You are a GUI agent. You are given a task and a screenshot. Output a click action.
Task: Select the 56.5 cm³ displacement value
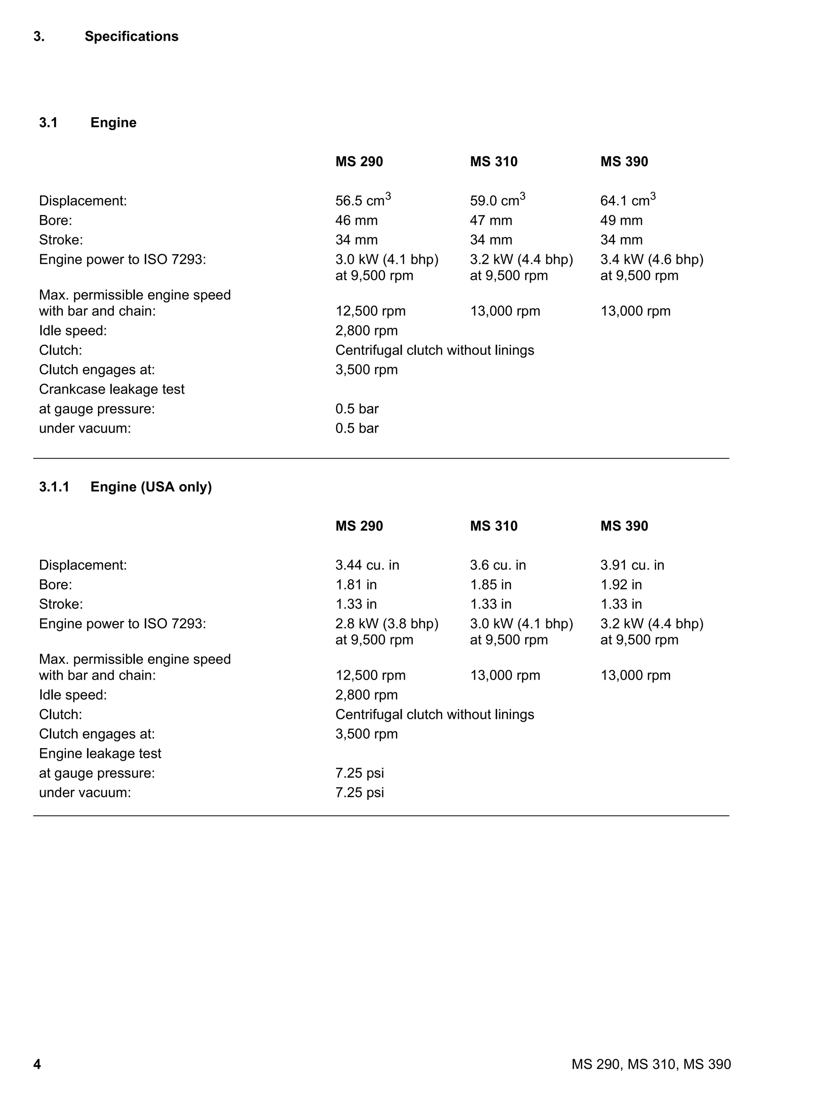pyautogui.click(x=363, y=200)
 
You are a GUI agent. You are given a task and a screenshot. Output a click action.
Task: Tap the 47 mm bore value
pyautogui.click(x=490, y=220)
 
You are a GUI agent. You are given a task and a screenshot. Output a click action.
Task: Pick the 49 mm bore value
pyautogui.click(x=621, y=220)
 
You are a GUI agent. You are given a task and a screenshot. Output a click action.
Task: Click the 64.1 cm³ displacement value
pyautogui.click(x=627, y=200)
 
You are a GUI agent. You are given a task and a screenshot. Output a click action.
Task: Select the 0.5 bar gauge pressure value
pyautogui.click(x=357, y=409)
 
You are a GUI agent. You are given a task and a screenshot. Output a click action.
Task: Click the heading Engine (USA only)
pyautogui.click(x=151, y=487)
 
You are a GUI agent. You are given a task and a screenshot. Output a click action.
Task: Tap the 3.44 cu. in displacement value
pyautogui.click(x=367, y=565)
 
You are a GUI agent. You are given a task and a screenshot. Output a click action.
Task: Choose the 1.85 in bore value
pyautogui.click(x=490, y=585)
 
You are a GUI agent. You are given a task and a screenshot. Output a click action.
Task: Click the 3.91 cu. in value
pyautogui.click(x=632, y=565)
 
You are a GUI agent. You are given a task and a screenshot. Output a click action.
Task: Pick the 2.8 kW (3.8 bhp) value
pyautogui.click(x=386, y=624)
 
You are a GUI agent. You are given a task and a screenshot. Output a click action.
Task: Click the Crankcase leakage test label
pyautogui.click(x=111, y=389)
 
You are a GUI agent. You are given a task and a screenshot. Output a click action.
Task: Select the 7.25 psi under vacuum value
pyautogui.click(x=359, y=792)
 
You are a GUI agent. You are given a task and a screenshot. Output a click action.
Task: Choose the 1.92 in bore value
pyautogui.click(x=620, y=585)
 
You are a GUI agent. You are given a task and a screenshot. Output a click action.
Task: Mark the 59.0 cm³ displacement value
pyautogui.click(x=497, y=200)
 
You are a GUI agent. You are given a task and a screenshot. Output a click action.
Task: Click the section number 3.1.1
pyautogui.click(x=54, y=487)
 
